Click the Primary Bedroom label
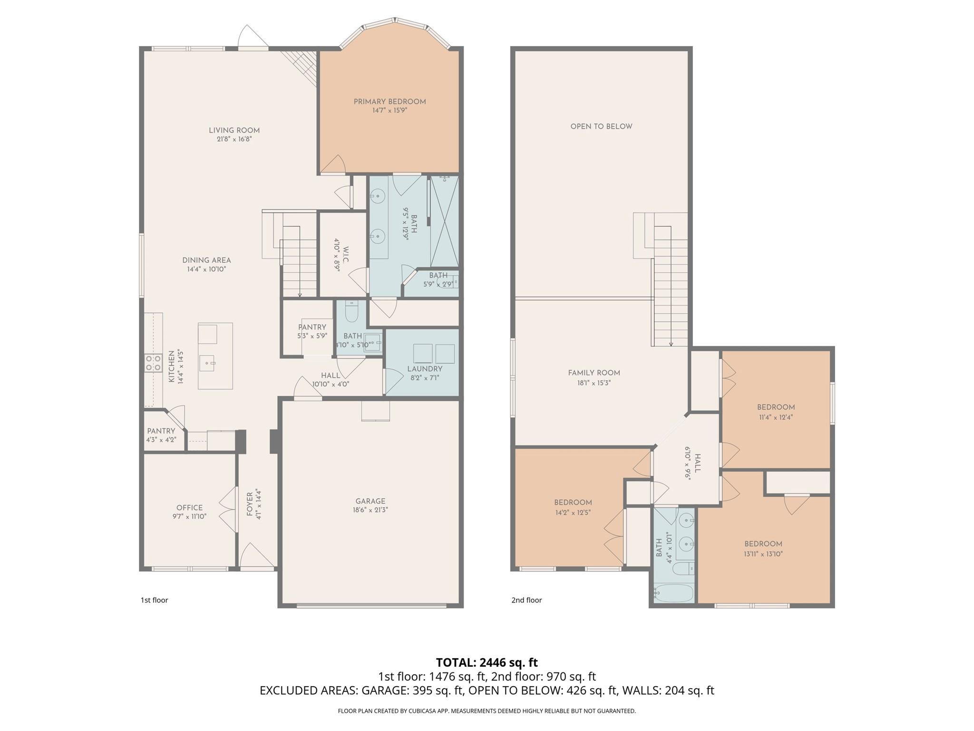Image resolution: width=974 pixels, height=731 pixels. coord(390,101)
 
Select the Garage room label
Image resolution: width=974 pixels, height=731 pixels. coord(370,501)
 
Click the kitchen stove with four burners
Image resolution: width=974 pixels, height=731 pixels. coord(153,363)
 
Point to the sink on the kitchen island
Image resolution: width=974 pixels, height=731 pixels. coord(208,364)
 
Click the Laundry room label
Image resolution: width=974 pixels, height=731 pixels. coord(424,369)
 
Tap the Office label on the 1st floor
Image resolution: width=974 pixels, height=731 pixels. coord(189,508)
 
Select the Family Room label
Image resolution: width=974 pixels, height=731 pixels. coord(594,373)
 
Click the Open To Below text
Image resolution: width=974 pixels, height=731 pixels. coord(601,127)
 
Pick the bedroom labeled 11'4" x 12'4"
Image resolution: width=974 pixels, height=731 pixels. coord(776,407)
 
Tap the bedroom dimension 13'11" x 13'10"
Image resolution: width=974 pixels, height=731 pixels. coord(763,554)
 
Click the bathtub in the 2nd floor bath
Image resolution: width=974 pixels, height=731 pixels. coord(674,593)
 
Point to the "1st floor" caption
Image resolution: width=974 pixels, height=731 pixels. coord(154,600)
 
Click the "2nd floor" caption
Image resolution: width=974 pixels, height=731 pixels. coord(526,600)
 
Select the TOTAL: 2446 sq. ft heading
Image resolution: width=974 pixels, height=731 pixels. coord(487,662)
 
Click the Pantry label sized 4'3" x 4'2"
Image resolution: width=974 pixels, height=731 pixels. coord(161,431)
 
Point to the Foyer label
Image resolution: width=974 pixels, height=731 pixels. coord(250,504)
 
